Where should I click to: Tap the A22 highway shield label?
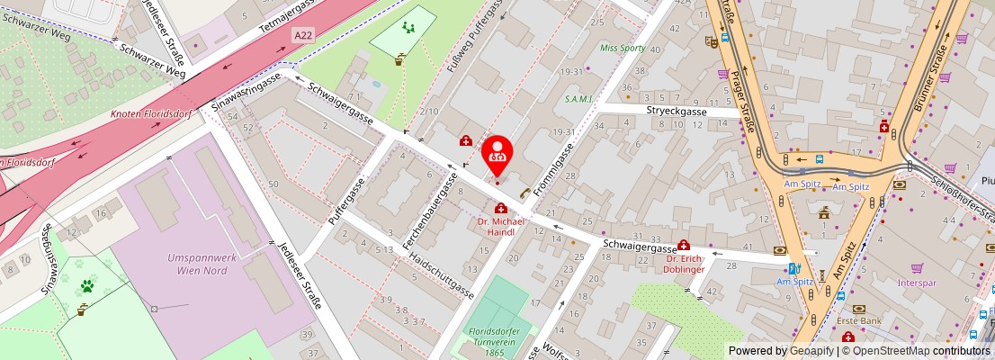(x=304, y=35)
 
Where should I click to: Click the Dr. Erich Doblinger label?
(x=684, y=264)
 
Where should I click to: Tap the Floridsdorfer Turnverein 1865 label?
(x=497, y=342)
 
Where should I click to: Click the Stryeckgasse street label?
(x=677, y=112)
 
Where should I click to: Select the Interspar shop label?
(x=916, y=282)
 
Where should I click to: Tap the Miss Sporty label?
(x=623, y=48)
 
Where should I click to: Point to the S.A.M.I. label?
(x=578, y=99)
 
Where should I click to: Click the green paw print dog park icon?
(x=87, y=286)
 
